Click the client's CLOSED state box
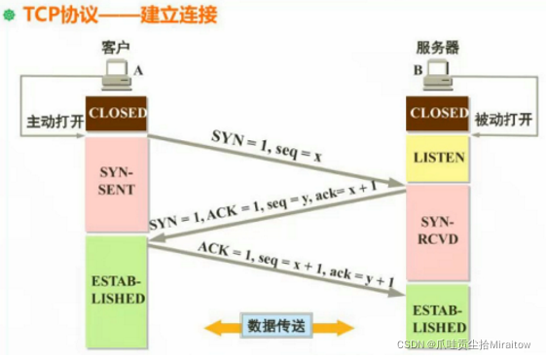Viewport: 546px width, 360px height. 117,113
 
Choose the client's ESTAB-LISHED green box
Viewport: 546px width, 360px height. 117,291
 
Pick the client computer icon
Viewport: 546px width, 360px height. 118,75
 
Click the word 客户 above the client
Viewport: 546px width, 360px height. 116,46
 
